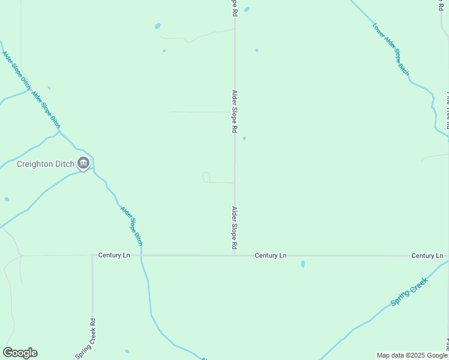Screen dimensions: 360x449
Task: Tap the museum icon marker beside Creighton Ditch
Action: pyautogui.click(x=83, y=163)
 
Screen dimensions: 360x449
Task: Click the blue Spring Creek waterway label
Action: pyautogui.click(x=409, y=292)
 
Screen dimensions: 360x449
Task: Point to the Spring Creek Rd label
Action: pyautogui.click(x=85, y=339)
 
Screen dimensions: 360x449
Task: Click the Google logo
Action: pyautogui.click(x=20, y=353)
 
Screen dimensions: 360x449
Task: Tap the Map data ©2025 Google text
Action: pyautogui.click(x=412, y=355)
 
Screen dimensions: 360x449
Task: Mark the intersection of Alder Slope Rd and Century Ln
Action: pyautogui.click(x=235, y=256)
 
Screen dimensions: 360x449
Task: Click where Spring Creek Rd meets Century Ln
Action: pyautogui.click(x=92, y=256)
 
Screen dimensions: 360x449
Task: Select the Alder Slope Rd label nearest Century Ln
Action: pyautogui.click(x=235, y=228)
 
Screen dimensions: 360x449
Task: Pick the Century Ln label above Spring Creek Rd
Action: pyautogui.click(x=114, y=255)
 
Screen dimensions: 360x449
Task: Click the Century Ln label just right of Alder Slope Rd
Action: pyautogui.click(x=270, y=256)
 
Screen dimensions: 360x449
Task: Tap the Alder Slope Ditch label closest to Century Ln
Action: pyautogui.click(x=132, y=226)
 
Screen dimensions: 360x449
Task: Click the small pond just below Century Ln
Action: pyautogui.click(x=303, y=263)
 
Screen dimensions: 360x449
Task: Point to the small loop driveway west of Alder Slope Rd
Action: pyautogui.click(x=206, y=177)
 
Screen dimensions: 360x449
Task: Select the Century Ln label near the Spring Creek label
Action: pyautogui.click(x=427, y=256)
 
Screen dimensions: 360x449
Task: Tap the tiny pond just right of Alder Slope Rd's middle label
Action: pyautogui.click(x=244, y=139)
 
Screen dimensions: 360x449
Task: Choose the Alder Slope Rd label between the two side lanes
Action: pyautogui.click(x=235, y=112)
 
